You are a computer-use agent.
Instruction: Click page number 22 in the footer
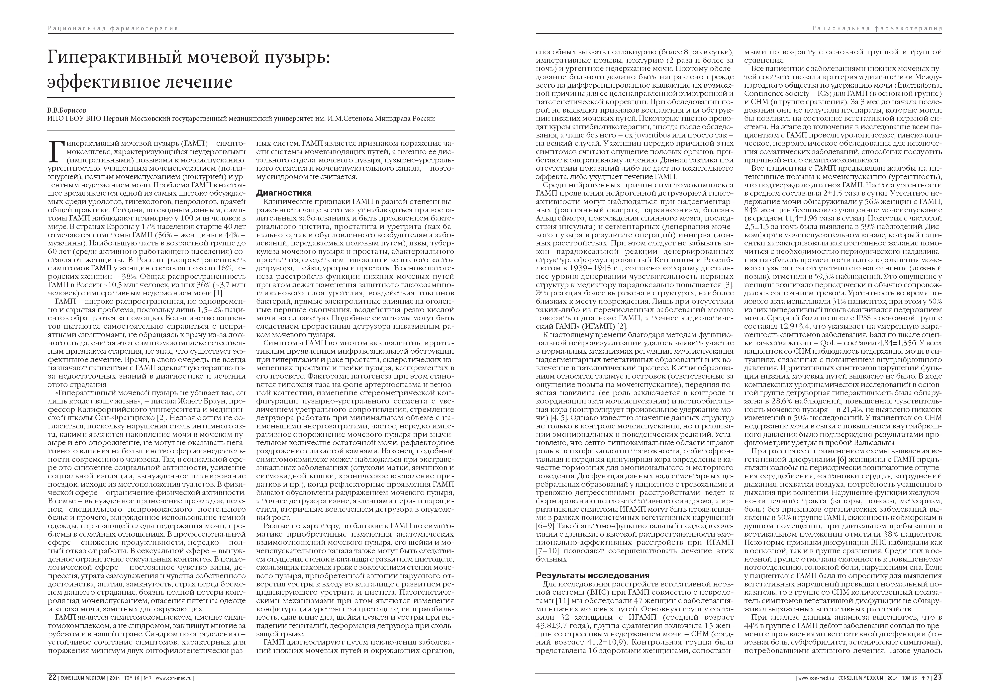(x=52, y=677)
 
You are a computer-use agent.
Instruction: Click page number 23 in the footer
(x=938, y=677)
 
